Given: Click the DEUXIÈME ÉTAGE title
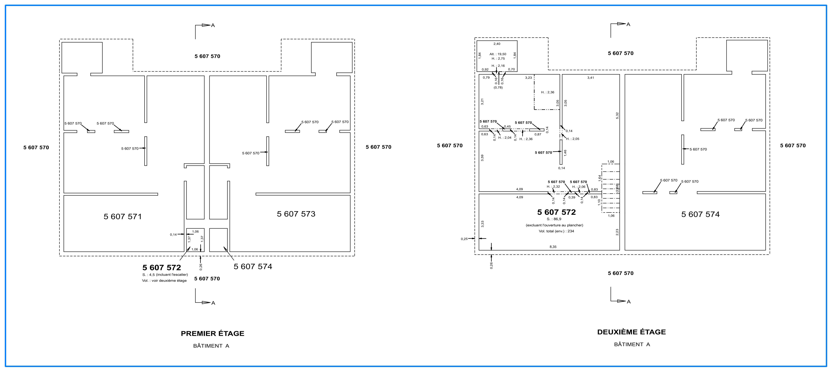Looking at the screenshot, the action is click(631, 332).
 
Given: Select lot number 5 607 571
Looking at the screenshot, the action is click(123, 217).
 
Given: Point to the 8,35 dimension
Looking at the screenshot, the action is click(553, 247).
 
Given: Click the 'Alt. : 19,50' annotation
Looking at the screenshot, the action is click(498, 54).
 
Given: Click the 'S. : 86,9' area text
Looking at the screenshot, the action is click(554, 219).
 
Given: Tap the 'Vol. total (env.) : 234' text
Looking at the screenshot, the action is click(556, 231).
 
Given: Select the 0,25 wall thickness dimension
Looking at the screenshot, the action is click(464, 239).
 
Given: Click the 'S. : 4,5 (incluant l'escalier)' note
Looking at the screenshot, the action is click(165, 275).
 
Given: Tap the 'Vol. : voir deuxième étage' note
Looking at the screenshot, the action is click(164, 281).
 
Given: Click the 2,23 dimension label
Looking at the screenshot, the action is click(617, 232).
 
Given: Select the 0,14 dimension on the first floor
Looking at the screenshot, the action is click(173, 235).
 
